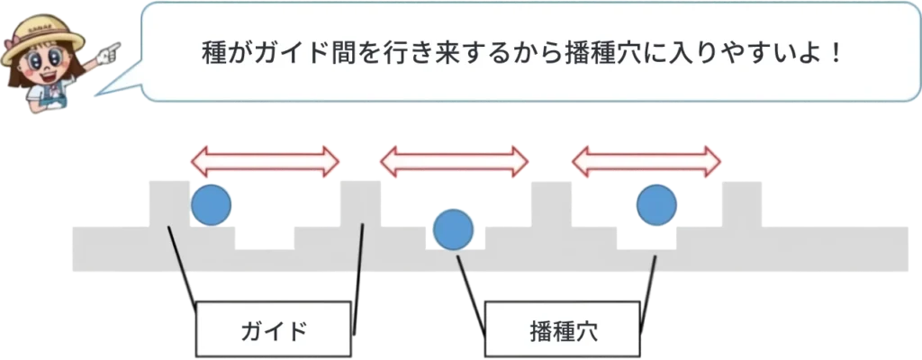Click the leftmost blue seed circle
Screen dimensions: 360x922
pyautogui.click(x=212, y=204)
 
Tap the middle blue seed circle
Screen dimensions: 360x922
pyautogui.click(x=453, y=229)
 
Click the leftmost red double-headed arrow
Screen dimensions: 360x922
pyautogui.click(x=266, y=162)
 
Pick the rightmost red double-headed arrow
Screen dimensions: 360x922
pyautogui.click(x=647, y=162)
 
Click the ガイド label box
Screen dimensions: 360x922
pyautogui.click(x=274, y=328)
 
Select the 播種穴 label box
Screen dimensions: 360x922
pyautogui.click(x=565, y=328)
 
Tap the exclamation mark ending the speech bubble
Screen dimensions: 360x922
pyautogui.click(x=836, y=51)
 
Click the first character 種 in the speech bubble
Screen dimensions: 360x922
pyautogui.click(x=214, y=51)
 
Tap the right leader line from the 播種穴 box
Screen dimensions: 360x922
pyautogui.click(x=647, y=279)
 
